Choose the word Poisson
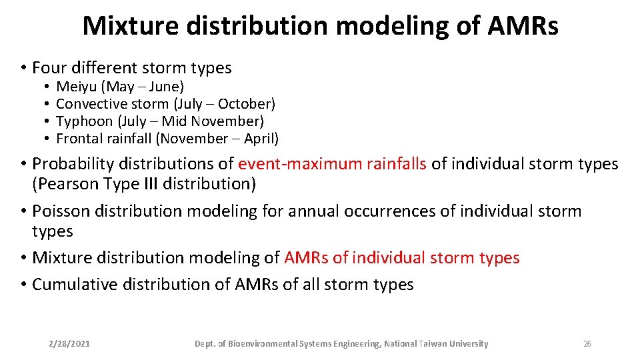click(61, 211)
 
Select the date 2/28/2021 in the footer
click(70, 344)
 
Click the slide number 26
click(587, 344)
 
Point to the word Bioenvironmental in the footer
click(263, 344)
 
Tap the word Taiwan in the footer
click(434, 344)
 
